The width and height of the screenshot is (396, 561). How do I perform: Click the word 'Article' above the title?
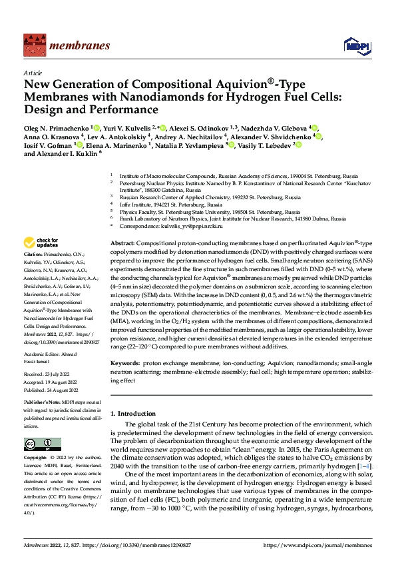33,73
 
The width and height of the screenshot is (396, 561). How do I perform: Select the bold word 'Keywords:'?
126,363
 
